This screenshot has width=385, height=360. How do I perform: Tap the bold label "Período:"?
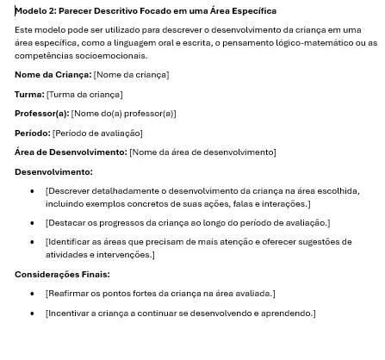point(33,133)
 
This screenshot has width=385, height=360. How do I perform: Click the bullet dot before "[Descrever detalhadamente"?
point(32,192)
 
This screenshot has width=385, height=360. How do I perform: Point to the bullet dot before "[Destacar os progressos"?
point(32,223)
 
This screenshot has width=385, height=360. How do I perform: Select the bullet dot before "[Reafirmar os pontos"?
point(32,295)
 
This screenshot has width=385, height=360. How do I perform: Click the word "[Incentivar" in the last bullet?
point(68,314)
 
